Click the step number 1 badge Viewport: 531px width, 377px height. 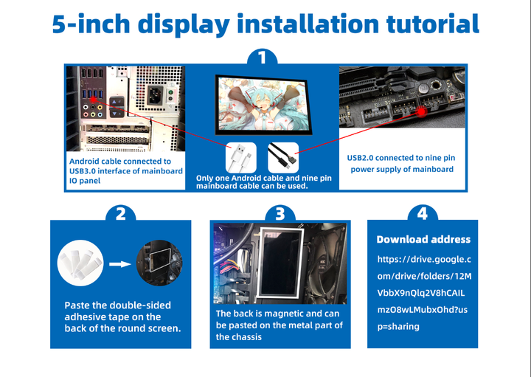[x=264, y=58]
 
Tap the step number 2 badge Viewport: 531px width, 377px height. [x=120, y=214]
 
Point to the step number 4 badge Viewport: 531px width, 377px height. [x=422, y=214]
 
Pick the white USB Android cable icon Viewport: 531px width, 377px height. [x=241, y=157]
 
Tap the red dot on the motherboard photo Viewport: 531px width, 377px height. [x=421, y=112]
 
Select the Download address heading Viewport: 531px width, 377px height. [x=423, y=239]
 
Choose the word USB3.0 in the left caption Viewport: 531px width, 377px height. [x=87, y=171]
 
